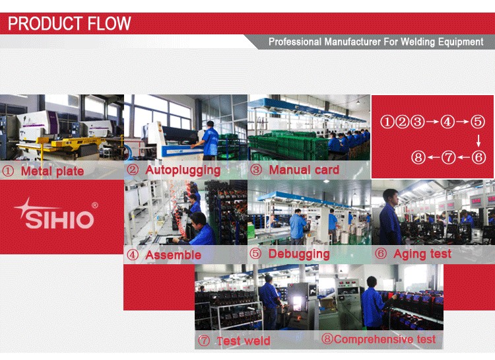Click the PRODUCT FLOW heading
coord(69,23)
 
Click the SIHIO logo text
coord(59,219)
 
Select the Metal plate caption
coord(52,171)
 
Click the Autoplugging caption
coord(183,170)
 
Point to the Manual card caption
coord(304,170)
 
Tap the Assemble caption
coord(173,255)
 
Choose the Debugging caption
coord(299,254)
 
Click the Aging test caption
coord(422,254)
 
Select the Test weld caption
coord(244,341)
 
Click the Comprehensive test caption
coord(385,339)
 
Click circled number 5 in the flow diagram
coord(478,122)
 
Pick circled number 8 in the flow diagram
coord(418,157)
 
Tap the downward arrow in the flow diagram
coord(478,141)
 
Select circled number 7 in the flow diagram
coord(448,157)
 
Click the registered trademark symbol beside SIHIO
coord(94,205)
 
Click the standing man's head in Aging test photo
coord(391,197)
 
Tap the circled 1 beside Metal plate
coord(7,171)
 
